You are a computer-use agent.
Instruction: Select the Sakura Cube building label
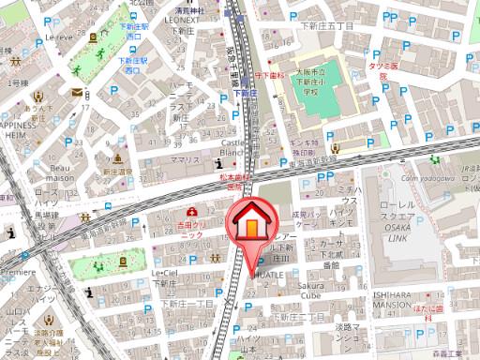tap(291, 285)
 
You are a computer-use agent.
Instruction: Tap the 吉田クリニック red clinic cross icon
tap(193, 213)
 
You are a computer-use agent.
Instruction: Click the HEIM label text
tap(22, 135)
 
